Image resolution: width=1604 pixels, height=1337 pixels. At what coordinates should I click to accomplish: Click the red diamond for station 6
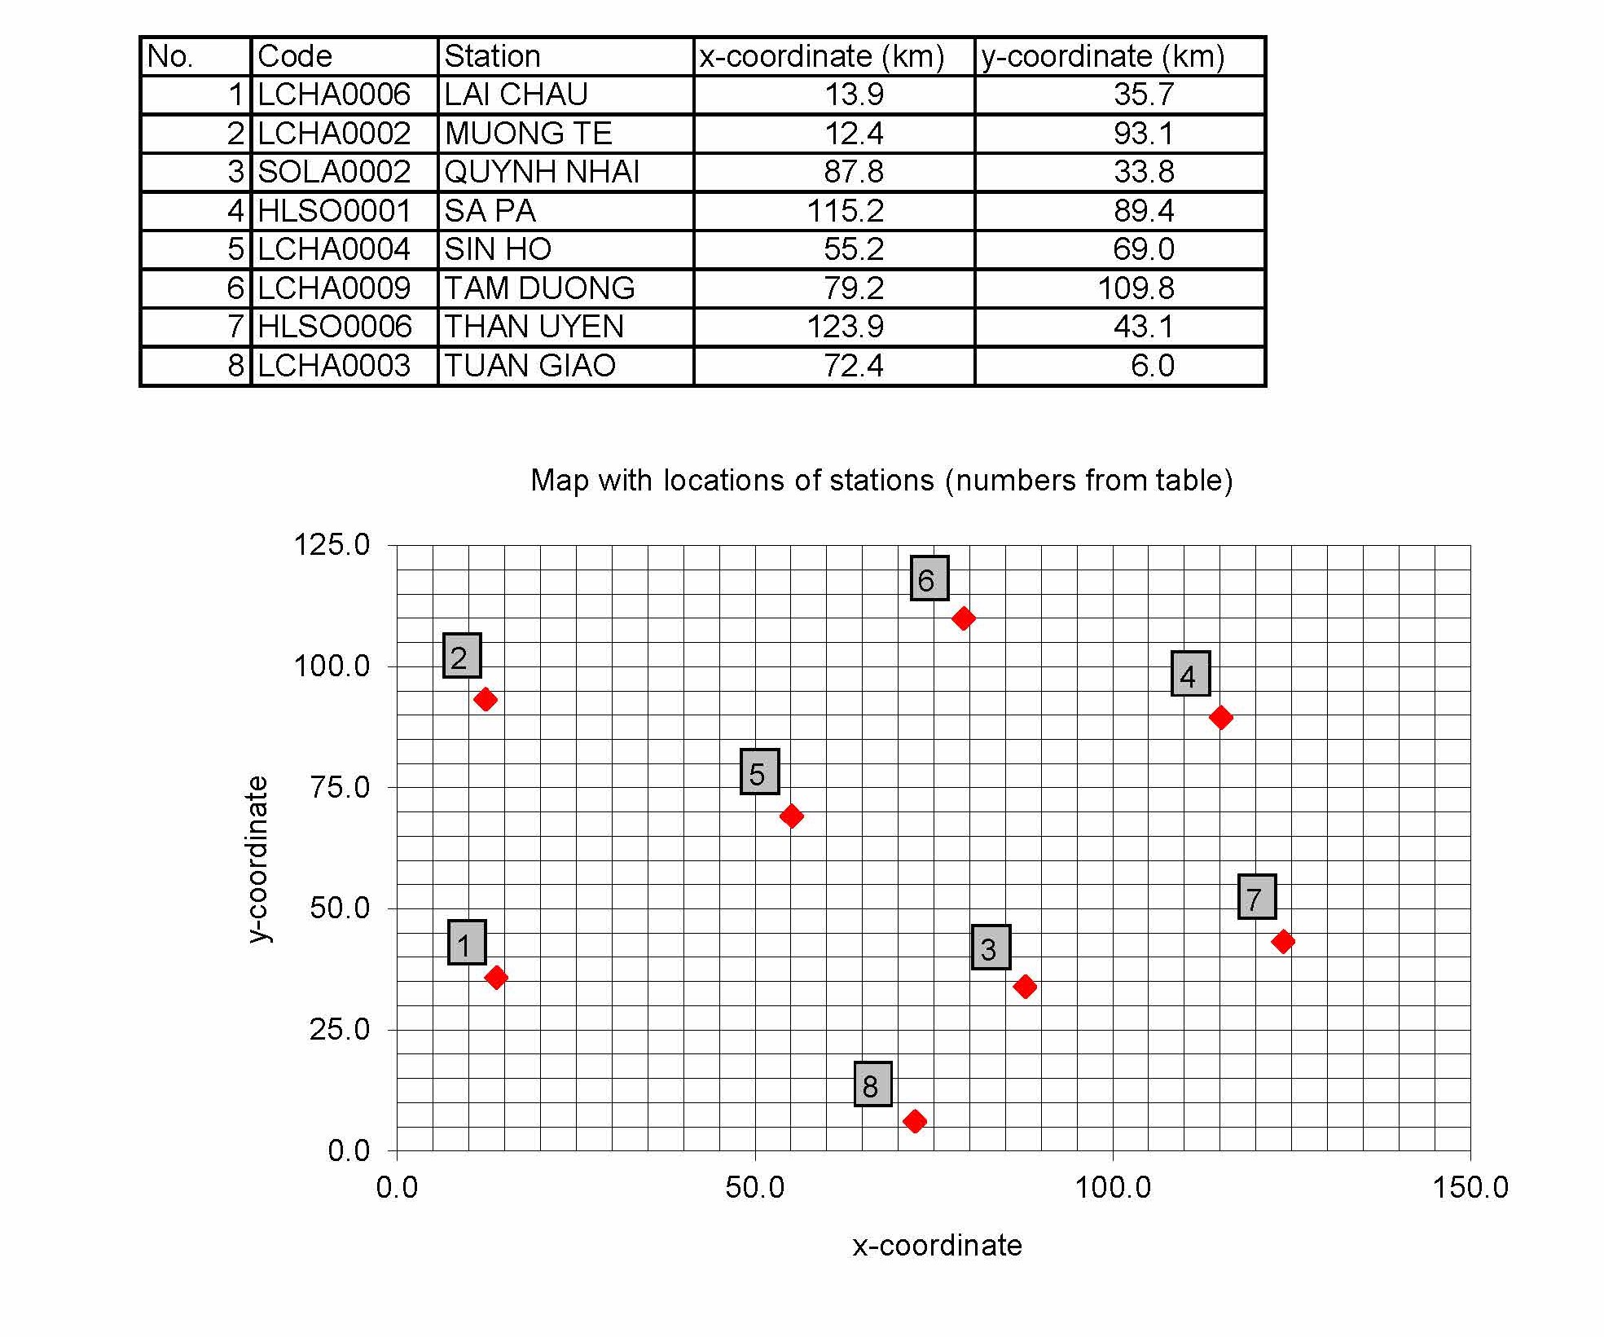(x=963, y=618)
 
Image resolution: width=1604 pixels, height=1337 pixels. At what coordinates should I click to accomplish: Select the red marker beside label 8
(x=915, y=1121)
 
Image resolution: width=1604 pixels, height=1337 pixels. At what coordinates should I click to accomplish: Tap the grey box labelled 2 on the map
(x=461, y=656)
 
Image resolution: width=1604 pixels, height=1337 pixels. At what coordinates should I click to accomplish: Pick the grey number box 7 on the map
(x=1256, y=897)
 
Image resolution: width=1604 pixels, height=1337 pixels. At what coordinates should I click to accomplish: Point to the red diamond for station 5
(x=791, y=816)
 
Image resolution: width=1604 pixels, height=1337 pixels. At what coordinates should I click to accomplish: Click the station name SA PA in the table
(x=490, y=211)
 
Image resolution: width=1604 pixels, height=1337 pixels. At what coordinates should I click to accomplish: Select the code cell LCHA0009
(x=334, y=288)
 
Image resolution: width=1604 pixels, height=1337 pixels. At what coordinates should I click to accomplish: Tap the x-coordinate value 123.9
(x=845, y=327)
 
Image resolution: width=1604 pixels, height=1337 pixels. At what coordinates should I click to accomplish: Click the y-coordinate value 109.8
(x=1136, y=288)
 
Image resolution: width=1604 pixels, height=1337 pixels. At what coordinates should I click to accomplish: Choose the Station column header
(x=492, y=56)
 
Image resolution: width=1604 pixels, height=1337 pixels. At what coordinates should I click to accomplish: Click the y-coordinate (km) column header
(x=1102, y=56)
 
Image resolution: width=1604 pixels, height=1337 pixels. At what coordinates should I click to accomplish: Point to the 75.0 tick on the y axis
(x=340, y=787)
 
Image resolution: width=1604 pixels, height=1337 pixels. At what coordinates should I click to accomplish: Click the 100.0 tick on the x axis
(x=1113, y=1187)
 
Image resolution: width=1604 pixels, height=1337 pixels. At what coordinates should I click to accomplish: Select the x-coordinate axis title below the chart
(x=937, y=1246)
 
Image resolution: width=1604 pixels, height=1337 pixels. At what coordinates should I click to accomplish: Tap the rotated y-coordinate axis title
(x=257, y=860)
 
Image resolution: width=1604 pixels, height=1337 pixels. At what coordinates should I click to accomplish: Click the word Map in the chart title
(x=560, y=481)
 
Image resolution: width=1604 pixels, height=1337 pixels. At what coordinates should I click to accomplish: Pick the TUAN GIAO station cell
(x=530, y=366)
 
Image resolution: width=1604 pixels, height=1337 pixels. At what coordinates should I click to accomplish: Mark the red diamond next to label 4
(x=1220, y=718)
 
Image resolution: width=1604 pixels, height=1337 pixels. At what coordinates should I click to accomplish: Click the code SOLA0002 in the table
(x=334, y=172)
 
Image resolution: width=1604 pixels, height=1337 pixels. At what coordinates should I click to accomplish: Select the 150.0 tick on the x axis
(x=1470, y=1187)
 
